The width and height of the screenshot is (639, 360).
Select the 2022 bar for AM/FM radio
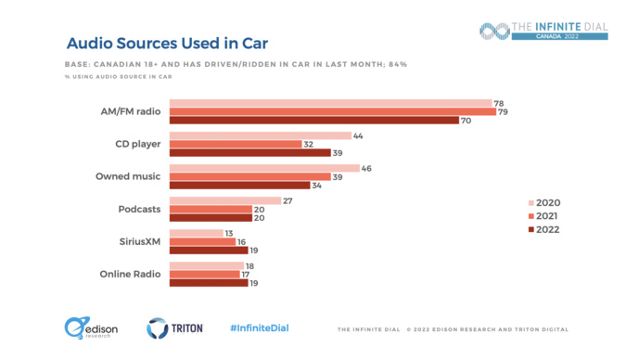(x=314, y=120)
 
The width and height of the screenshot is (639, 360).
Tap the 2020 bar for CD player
(x=261, y=135)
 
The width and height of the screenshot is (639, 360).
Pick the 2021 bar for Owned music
(x=250, y=176)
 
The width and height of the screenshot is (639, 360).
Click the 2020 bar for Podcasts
(x=225, y=200)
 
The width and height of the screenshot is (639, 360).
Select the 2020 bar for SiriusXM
(x=197, y=233)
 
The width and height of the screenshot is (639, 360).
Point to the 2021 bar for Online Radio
(x=205, y=274)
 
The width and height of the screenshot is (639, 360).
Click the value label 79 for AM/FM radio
(x=503, y=111)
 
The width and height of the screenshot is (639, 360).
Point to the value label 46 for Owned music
(x=366, y=168)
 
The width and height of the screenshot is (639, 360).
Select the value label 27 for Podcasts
(x=288, y=200)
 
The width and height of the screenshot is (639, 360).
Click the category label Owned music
(x=129, y=176)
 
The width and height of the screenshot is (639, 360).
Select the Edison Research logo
(x=85, y=328)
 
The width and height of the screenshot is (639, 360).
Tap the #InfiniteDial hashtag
(x=260, y=328)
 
